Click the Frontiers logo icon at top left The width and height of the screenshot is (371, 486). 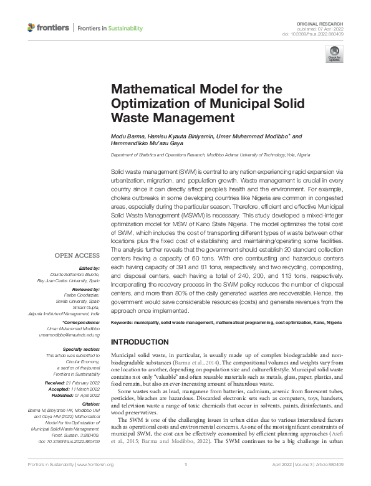(32, 28)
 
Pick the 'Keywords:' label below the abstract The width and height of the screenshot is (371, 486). (123, 324)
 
